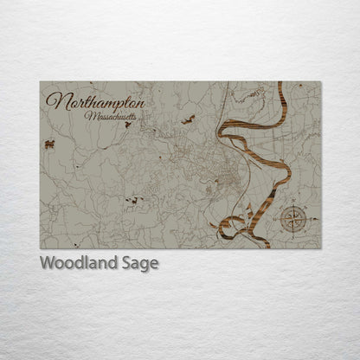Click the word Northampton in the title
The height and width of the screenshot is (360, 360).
[x=95, y=101]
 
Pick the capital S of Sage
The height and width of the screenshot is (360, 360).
[x=127, y=263]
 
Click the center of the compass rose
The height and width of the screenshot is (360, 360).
[x=293, y=221]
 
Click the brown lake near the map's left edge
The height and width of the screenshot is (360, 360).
[x=49, y=145]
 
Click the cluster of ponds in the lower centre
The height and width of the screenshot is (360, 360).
[x=132, y=201]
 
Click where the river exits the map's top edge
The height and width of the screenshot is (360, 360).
[x=280, y=84]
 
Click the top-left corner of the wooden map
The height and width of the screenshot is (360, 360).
[x=40, y=82]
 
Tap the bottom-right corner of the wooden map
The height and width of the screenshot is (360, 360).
[x=320, y=248]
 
